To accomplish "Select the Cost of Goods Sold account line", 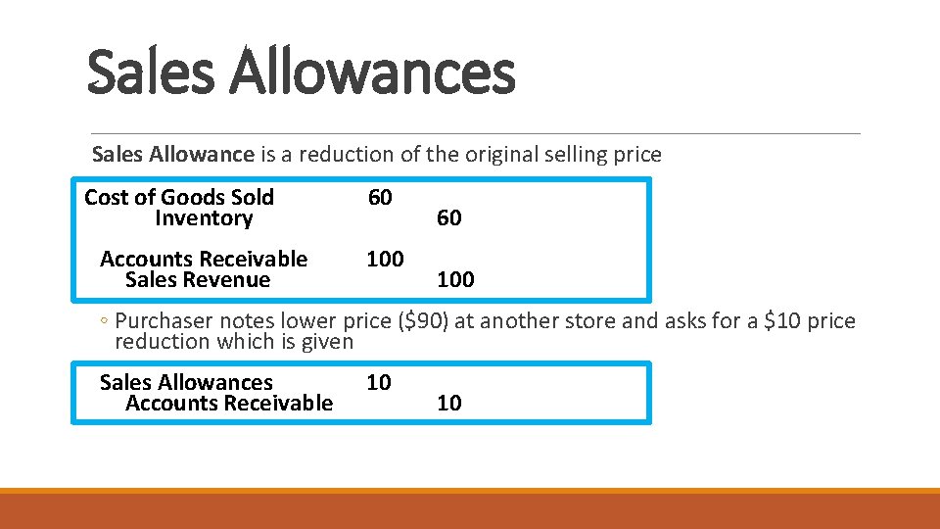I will pos(179,198).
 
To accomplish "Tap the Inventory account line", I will pos(204,218).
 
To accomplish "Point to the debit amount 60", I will pos(380,198).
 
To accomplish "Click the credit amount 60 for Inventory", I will pos(449,218).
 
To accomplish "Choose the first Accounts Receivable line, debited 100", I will pos(204,260).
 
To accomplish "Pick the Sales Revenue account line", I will pos(198,280).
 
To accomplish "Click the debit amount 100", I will pos(385,260).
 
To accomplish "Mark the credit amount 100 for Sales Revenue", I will pos(455,280).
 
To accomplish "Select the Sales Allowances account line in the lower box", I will pos(186,382).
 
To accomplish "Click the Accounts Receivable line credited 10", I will pos(229,404).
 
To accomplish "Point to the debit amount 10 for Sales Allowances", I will pos(379,382).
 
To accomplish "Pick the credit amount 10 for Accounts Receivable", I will pos(449,404).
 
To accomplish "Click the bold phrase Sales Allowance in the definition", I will pos(172,155).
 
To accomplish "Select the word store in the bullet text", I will pos(614,321).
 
